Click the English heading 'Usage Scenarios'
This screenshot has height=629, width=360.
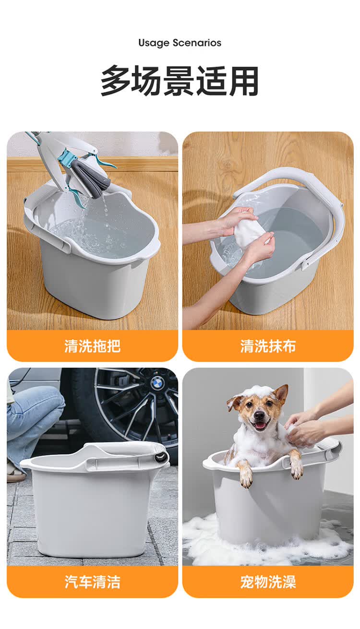(180, 43)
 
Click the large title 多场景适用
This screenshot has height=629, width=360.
(180, 81)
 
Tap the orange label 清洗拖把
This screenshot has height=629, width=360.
(92, 346)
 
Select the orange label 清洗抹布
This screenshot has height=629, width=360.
(268, 346)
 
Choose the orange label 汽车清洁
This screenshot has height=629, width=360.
(92, 582)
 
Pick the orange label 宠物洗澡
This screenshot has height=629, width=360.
(268, 582)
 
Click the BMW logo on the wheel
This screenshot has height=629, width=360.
(157, 383)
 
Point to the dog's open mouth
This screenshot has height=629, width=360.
(261, 425)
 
